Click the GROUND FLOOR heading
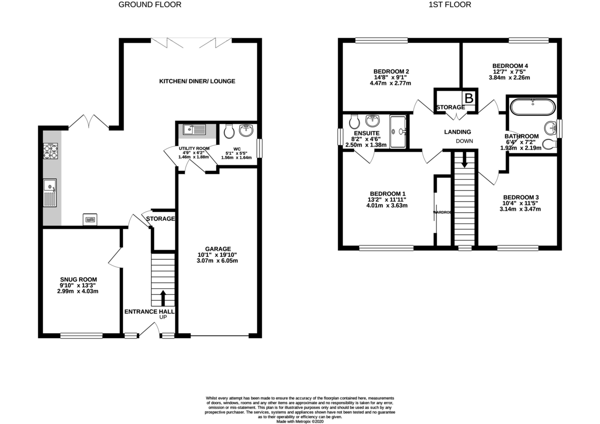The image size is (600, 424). pyautogui.click(x=149, y=5)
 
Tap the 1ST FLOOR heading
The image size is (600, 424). pyautogui.click(x=450, y=5)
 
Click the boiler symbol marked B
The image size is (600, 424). pyautogui.click(x=469, y=97)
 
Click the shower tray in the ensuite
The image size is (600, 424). pyautogui.click(x=398, y=131)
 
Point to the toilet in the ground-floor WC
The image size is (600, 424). pyautogui.click(x=229, y=131)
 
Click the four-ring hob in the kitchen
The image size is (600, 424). pyautogui.click(x=51, y=150)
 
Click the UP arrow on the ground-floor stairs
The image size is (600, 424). pyautogui.click(x=163, y=298)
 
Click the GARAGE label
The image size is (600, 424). pyautogui.click(x=217, y=249)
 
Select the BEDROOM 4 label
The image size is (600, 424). pyautogui.click(x=510, y=66)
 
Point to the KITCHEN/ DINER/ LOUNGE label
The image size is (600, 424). pyautogui.click(x=197, y=81)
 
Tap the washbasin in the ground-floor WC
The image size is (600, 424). pyautogui.click(x=246, y=131)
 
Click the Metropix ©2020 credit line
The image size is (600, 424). pyautogui.click(x=299, y=421)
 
